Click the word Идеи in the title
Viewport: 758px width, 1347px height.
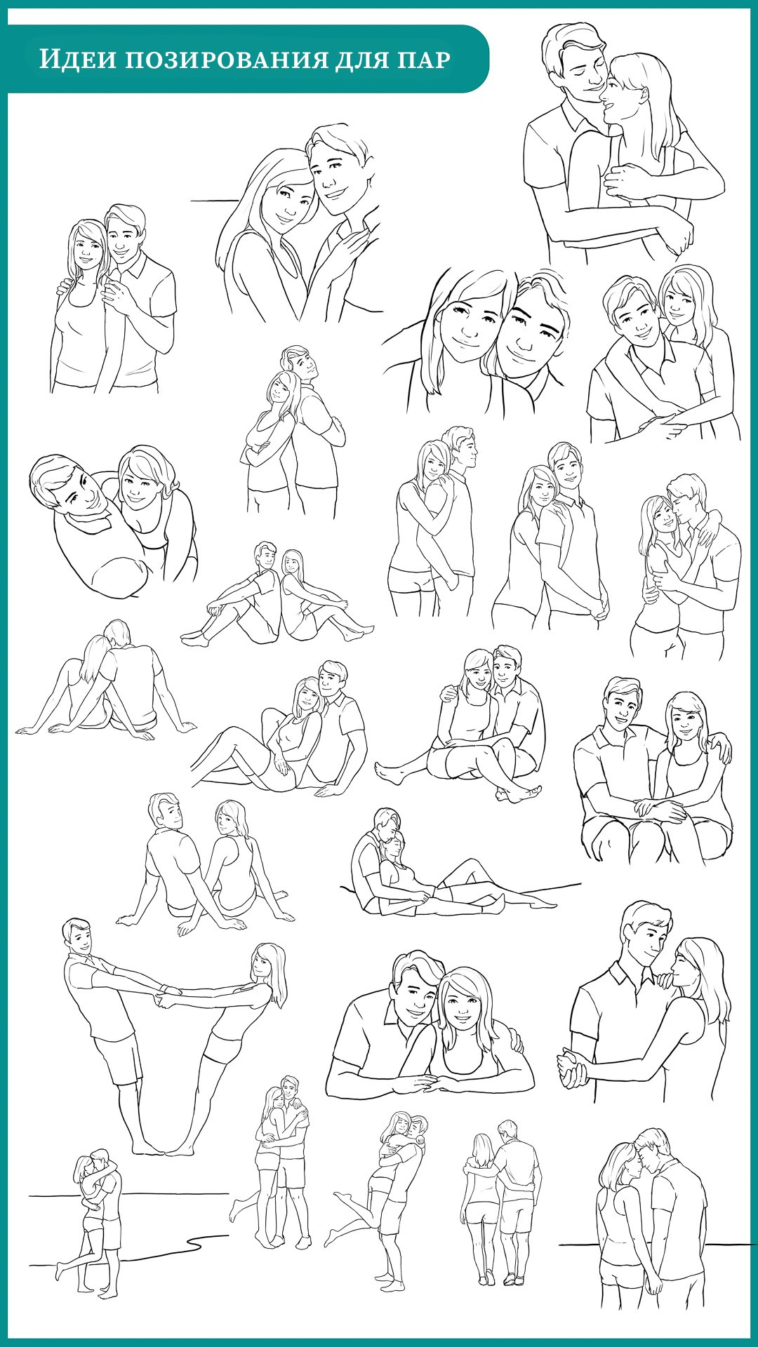[76, 60]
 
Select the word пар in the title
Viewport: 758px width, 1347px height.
[424, 60]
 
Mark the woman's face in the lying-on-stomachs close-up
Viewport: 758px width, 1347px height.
[465, 1010]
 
